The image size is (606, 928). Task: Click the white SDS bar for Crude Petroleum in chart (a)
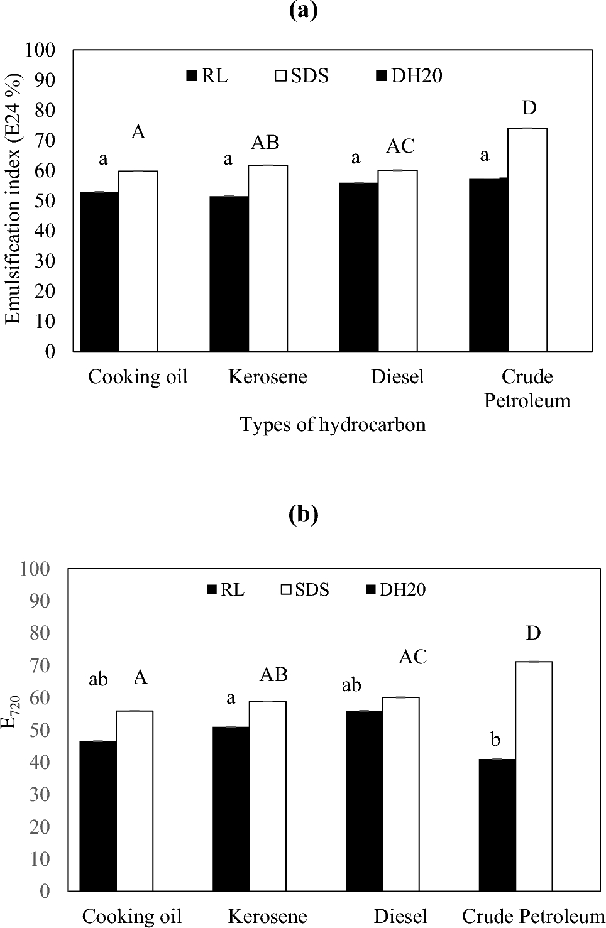point(527,239)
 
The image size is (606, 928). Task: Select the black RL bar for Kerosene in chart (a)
point(229,273)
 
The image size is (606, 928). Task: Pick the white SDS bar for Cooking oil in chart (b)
point(135,800)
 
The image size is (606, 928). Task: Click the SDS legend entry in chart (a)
point(302,76)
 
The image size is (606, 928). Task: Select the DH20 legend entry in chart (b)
point(395,590)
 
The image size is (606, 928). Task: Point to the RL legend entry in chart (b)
point(226,590)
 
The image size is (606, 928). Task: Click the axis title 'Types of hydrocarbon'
point(333,425)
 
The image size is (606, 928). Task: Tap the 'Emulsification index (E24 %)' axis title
point(13,200)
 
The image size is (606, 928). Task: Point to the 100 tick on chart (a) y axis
point(40,50)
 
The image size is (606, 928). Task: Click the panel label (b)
point(303,515)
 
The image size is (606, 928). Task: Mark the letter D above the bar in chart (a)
point(529,108)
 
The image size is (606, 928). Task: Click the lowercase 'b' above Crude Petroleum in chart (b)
point(495,740)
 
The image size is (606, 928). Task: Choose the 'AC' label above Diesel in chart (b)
point(413,657)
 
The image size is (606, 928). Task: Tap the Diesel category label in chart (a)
point(397,377)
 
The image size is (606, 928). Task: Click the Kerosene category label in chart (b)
point(267,916)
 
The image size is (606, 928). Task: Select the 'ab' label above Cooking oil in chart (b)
point(98,680)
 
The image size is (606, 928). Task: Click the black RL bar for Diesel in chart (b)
point(364,800)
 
